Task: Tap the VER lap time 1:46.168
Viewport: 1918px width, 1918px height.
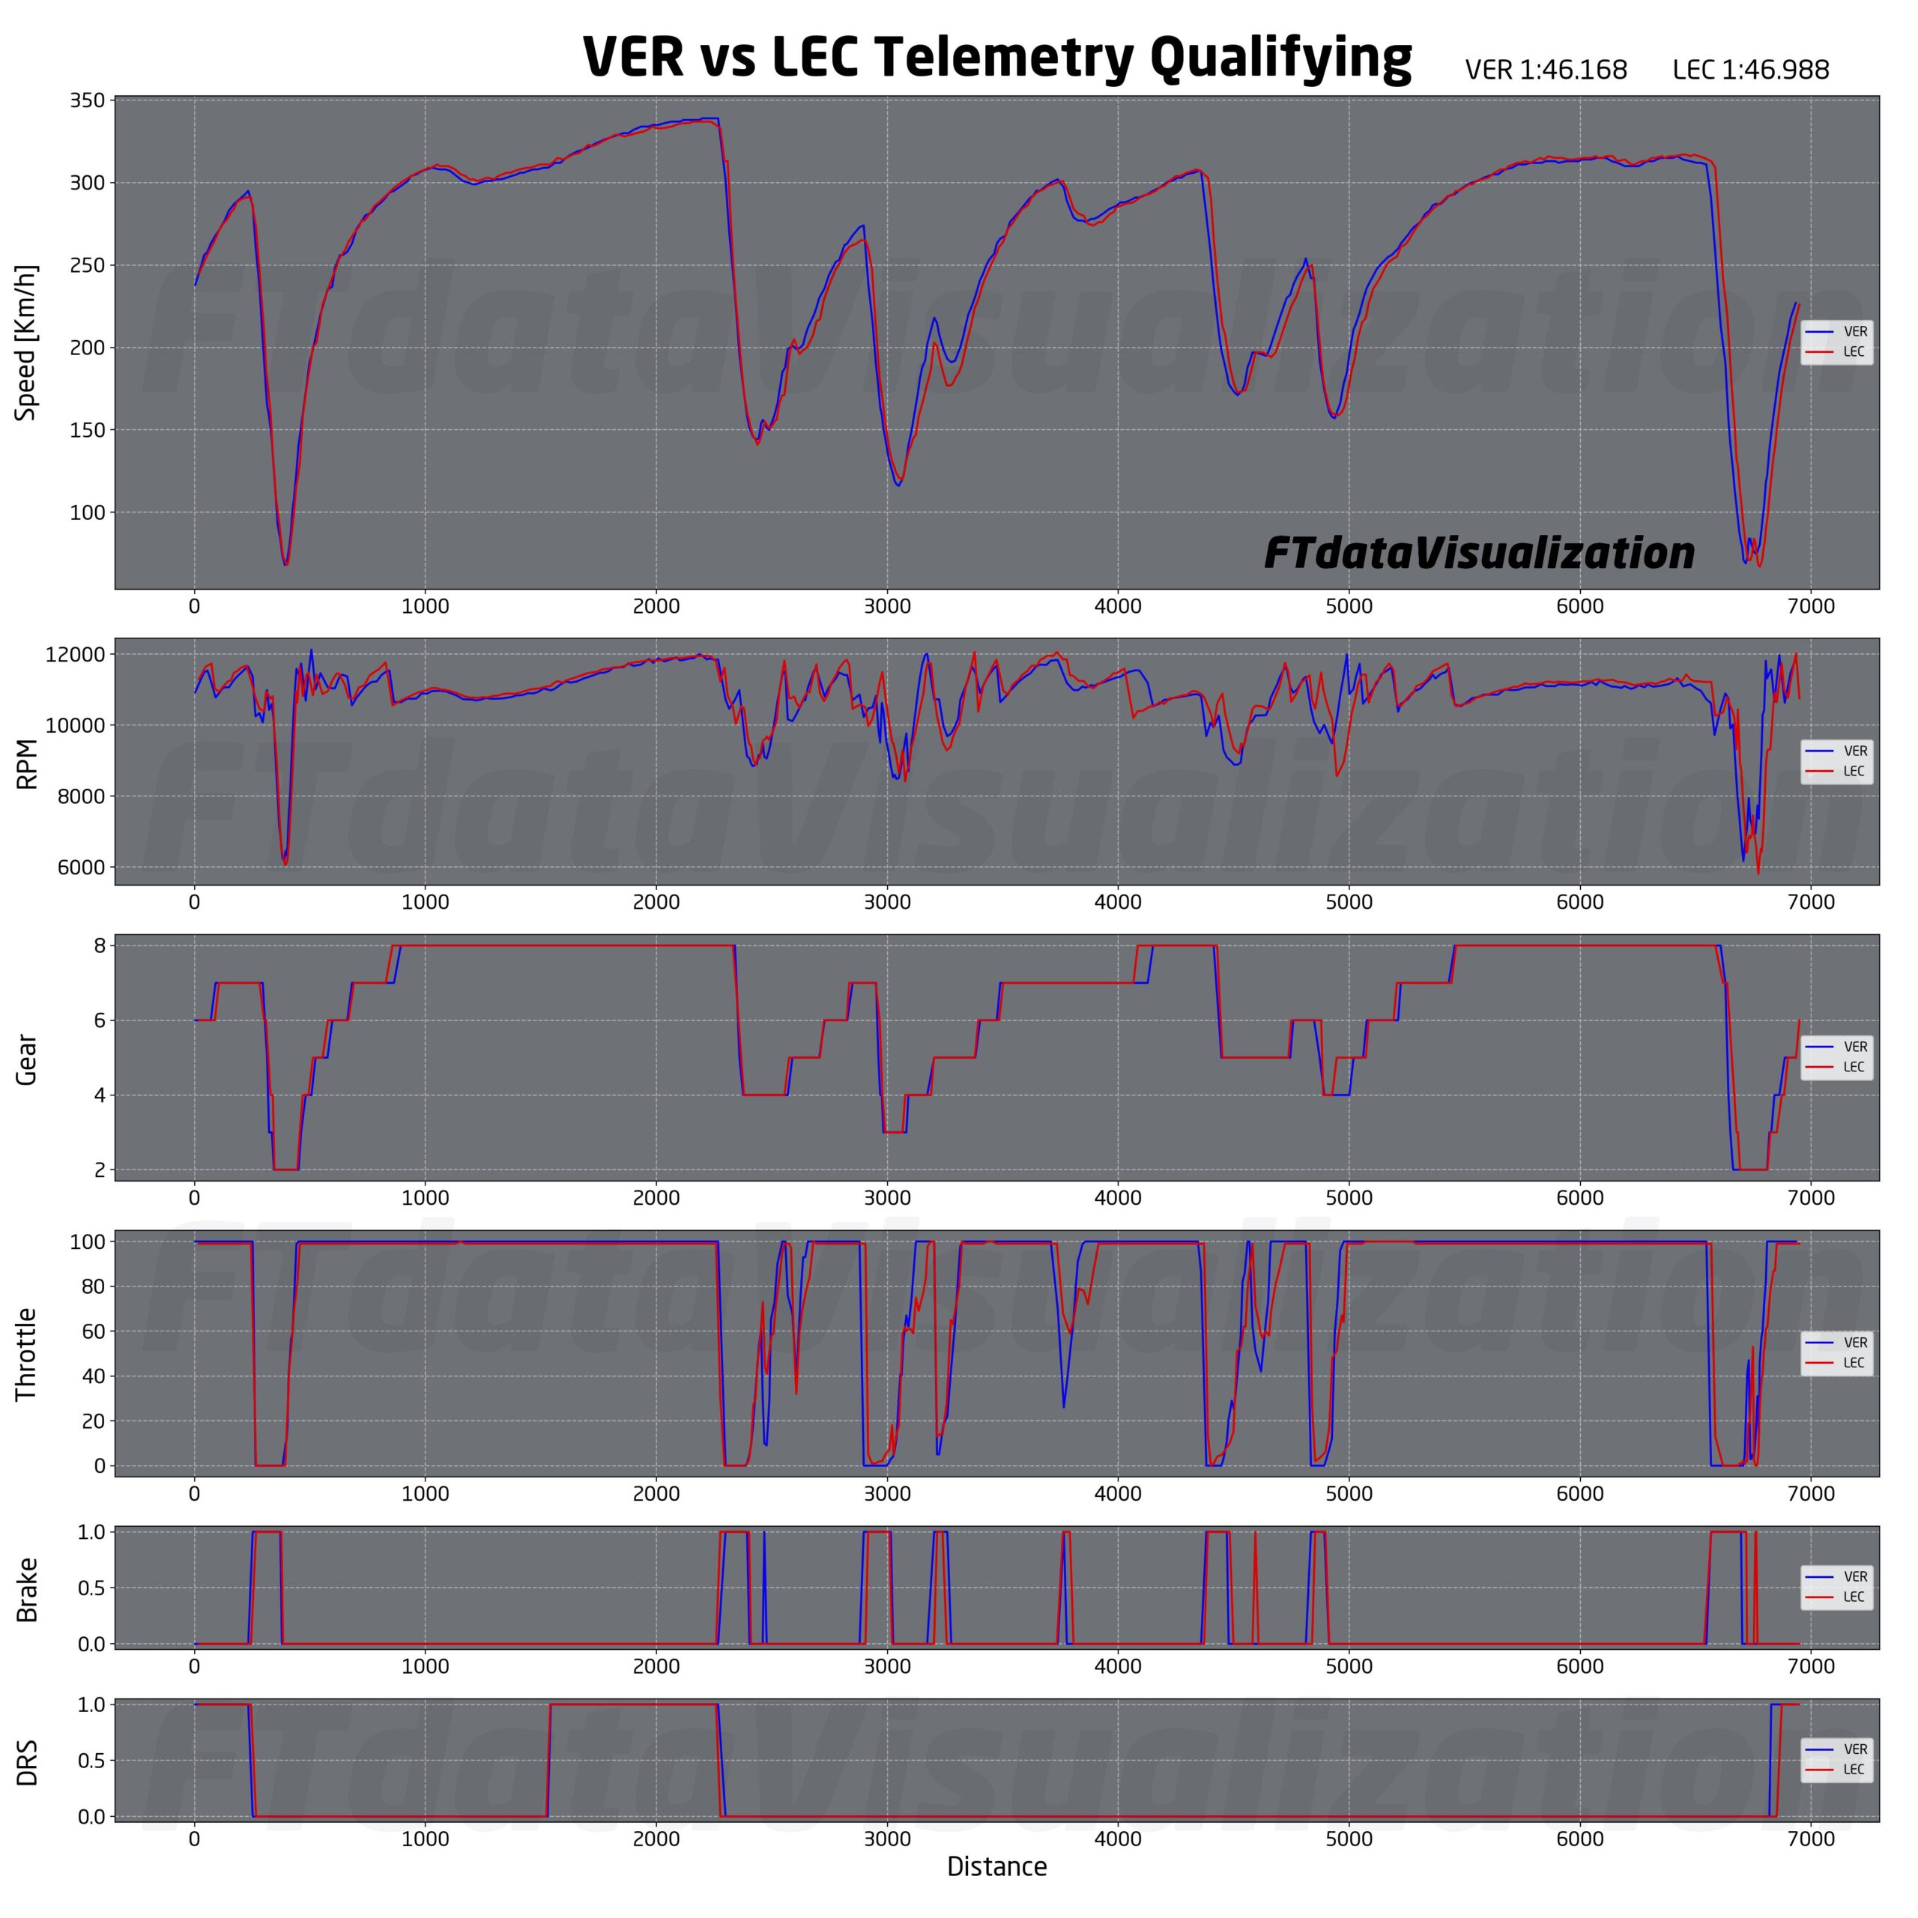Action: tap(1546, 70)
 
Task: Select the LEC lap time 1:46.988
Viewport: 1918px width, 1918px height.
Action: tap(1750, 70)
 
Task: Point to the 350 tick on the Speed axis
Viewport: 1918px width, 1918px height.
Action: tap(88, 100)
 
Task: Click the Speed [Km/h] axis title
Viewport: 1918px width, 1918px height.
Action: tap(25, 342)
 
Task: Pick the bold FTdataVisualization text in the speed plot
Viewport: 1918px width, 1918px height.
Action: tap(1478, 553)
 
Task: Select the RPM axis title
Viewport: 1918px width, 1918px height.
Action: tap(27, 763)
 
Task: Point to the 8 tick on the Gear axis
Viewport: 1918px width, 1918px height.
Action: tap(100, 946)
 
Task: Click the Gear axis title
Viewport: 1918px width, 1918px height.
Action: tap(27, 1059)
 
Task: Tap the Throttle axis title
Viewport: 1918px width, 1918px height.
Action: tap(27, 1354)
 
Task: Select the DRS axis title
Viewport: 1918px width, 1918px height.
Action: tap(27, 1762)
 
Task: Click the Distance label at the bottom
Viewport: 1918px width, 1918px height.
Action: tap(996, 1867)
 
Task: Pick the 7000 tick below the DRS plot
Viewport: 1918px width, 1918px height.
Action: tap(1811, 1839)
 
